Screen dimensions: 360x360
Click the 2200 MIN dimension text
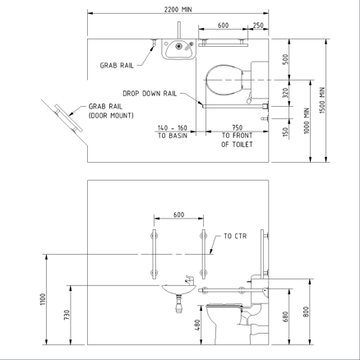178,9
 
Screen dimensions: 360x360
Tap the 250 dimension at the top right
258,25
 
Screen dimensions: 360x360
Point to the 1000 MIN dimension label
307,121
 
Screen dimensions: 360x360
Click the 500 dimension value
285,59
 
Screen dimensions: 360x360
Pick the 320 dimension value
285,93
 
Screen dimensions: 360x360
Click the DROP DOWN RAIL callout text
150,94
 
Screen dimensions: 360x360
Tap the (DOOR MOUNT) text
111,116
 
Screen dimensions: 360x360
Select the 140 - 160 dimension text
173,127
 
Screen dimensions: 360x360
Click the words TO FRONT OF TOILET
237,140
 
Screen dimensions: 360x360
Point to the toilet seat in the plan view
224,80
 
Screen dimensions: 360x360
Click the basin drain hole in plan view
178,46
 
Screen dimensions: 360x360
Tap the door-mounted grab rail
68,118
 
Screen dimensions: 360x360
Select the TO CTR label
235,236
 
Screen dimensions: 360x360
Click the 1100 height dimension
44,299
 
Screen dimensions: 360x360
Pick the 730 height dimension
67,315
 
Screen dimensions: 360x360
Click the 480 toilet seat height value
197,325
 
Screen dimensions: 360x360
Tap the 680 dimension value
285,316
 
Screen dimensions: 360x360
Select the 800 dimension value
307,312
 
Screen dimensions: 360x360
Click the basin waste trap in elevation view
178,303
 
